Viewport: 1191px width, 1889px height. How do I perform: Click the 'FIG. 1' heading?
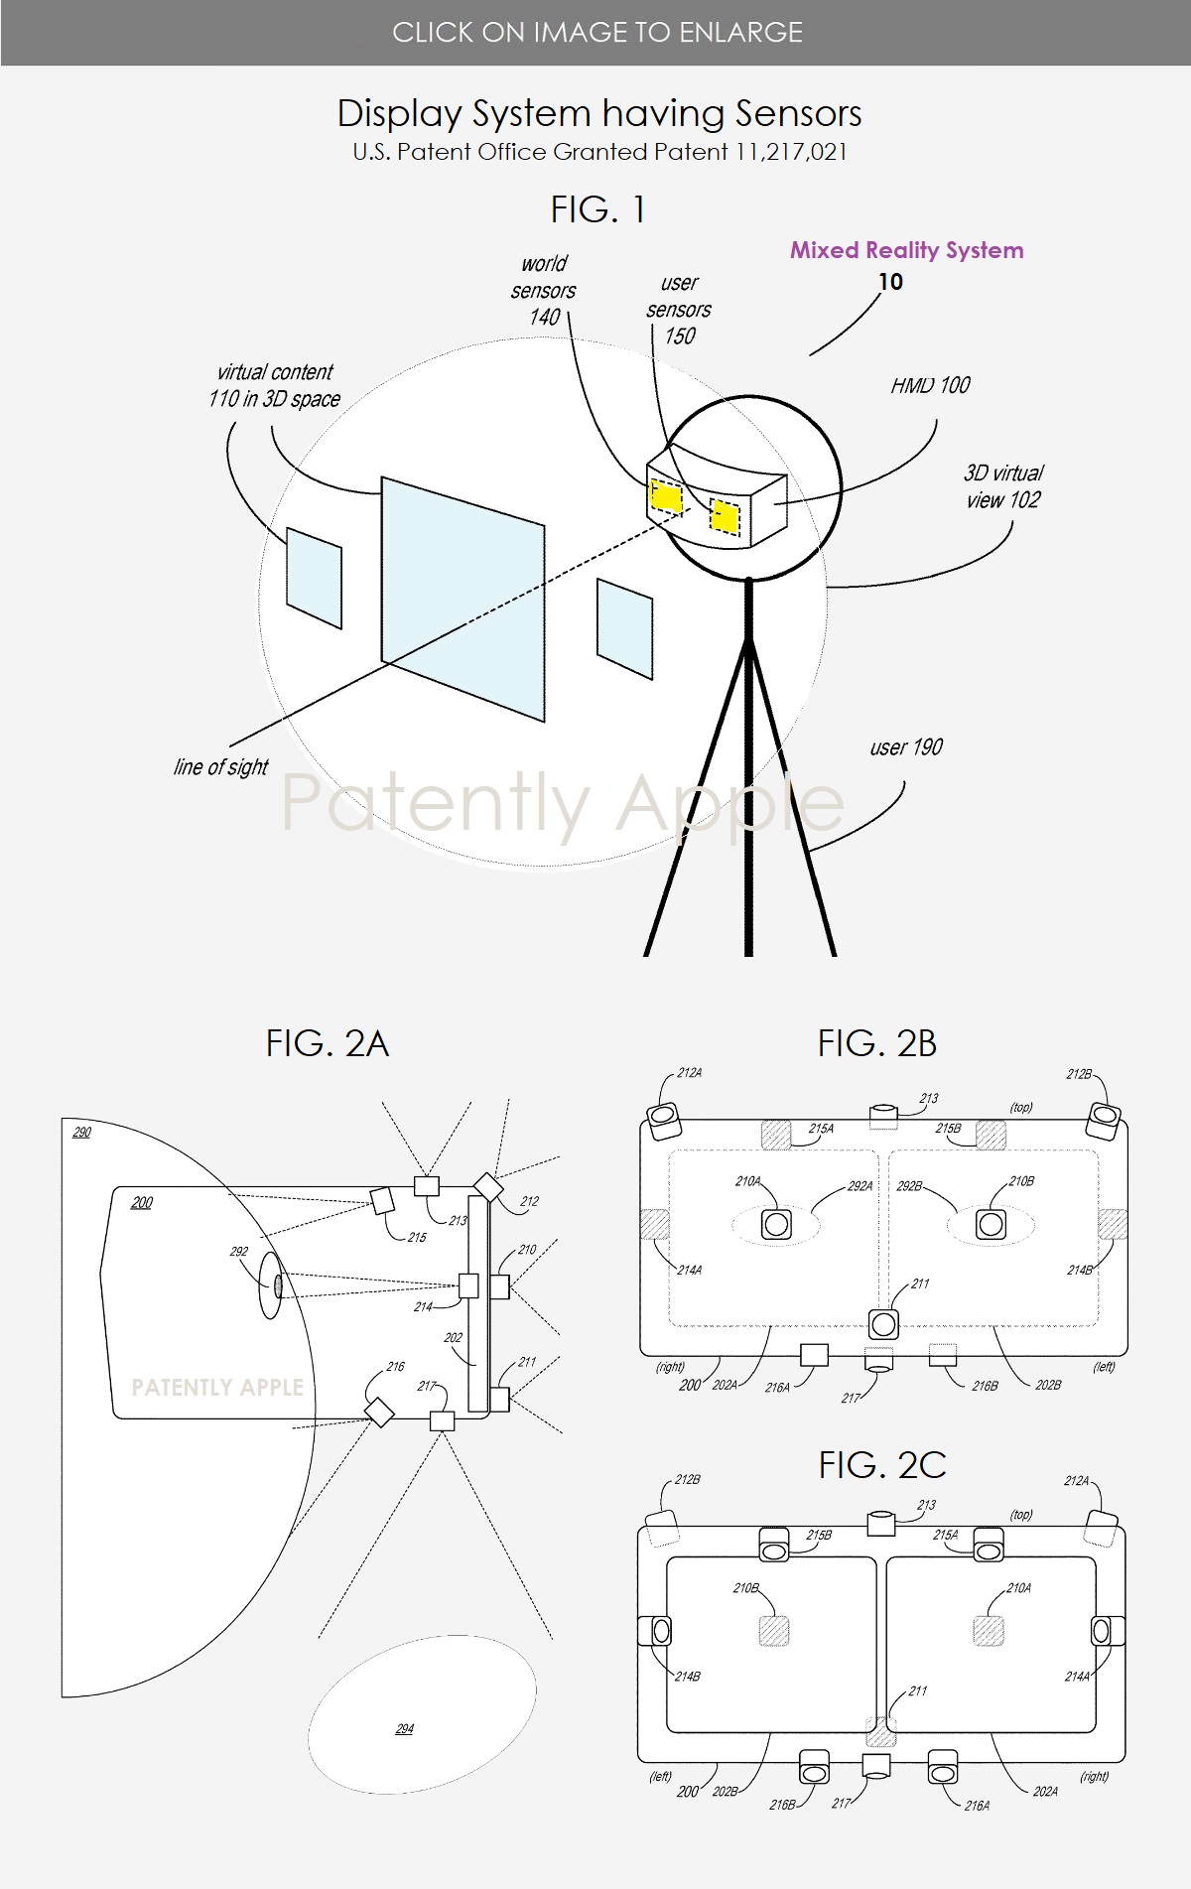pos(597,209)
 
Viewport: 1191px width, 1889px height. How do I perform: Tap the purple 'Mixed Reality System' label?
pos(906,250)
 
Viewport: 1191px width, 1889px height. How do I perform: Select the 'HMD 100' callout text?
pos(930,385)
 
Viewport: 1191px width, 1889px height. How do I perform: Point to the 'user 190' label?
pos(905,747)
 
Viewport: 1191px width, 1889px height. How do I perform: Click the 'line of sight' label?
pos(220,767)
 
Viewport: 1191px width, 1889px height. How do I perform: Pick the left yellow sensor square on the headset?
pos(666,495)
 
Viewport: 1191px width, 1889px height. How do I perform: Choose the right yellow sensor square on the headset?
pos(726,516)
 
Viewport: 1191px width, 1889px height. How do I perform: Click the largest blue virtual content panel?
pos(463,599)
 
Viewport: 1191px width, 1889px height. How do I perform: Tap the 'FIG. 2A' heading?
pos(327,1043)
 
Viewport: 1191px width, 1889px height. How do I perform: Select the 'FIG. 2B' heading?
pos(876,1043)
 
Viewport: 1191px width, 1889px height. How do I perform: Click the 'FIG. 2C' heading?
pos(881,1465)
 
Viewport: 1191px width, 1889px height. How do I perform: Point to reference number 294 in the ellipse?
pos(404,1728)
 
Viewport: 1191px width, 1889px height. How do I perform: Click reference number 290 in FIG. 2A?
pos(81,1132)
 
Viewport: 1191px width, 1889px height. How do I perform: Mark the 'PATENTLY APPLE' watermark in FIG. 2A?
pos(217,1388)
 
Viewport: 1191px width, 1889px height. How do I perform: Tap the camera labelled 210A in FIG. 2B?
pos(776,1224)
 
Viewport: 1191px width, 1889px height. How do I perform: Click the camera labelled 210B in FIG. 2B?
pos(991,1224)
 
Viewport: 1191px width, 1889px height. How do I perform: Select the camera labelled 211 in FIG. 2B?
pos(883,1323)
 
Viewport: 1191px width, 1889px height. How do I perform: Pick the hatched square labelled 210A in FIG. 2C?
pos(989,1631)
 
